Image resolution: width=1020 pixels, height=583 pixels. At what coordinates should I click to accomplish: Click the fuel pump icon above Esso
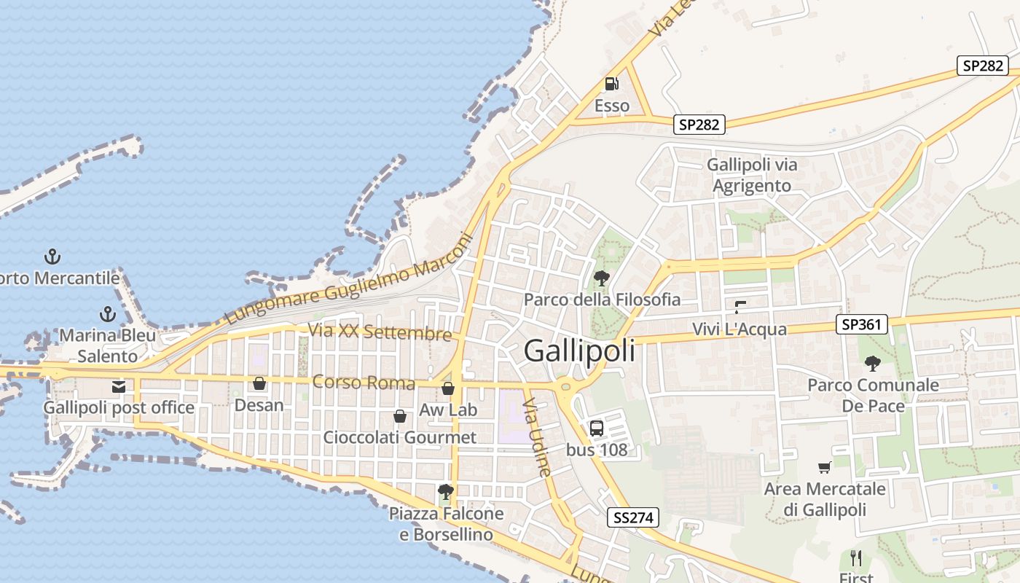pyautogui.click(x=612, y=84)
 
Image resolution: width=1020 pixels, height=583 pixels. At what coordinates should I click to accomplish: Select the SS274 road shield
pyautogui.click(x=632, y=518)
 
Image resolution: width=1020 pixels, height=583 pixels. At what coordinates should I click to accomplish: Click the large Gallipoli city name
pyautogui.click(x=579, y=351)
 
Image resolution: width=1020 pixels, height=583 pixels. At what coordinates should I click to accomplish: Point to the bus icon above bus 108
pyautogui.click(x=597, y=428)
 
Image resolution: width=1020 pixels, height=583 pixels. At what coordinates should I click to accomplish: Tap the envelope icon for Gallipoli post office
pyautogui.click(x=119, y=387)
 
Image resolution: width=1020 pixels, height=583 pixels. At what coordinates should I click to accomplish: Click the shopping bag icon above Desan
pyautogui.click(x=259, y=383)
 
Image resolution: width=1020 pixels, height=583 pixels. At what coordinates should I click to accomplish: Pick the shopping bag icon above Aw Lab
pyautogui.click(x=448, y=388)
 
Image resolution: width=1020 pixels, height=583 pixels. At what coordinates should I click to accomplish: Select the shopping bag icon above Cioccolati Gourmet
pyautogui.click(x=399, y=416)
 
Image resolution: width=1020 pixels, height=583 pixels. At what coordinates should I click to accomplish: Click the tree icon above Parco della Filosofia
pyautogui.click(x=602, y=278)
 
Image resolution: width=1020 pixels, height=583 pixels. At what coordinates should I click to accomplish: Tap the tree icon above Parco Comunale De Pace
pyautogui.click(x=872, y=363)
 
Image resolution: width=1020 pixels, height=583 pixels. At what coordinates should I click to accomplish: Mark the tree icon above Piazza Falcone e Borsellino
pyautogui.click(x=446, y=492)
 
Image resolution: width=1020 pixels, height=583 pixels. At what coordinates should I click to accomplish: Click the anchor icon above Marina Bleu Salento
pyautogui.click(x=107, y=315)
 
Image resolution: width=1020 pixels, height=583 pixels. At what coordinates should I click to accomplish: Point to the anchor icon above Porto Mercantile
pyautogui.click(x=52, y=257)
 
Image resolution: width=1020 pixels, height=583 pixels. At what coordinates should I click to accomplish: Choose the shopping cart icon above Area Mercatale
pyautogui.click(x=825, y=467)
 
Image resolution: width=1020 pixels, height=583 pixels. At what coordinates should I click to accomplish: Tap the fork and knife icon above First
pyautogui.click(x=856, y=558)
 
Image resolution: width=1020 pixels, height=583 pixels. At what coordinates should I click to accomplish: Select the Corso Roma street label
pyautogui.click(x=364, y=382)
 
